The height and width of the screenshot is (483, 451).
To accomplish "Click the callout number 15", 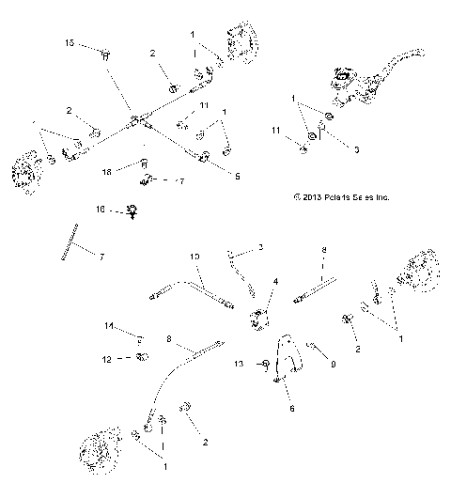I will click(x=70, y=43).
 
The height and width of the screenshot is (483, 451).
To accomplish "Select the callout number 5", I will click(x=237, y=176).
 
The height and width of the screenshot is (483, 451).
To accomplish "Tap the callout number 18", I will click(x=107, y=172).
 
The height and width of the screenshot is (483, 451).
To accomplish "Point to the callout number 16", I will click(x=100, y=210).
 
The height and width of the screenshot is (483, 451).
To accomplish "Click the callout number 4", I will click(x=275, y=281).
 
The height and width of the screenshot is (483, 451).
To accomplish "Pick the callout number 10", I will click(x=194, y=256).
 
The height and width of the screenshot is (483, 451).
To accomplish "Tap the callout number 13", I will click(x=238, y=363).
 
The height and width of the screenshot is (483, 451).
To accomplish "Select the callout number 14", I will click(x=109, y=326).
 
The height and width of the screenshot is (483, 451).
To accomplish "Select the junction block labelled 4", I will click(x=257, y=320).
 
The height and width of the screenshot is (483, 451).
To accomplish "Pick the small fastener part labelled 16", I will click(x=133, y=211).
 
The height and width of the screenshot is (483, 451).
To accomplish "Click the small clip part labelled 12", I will click(x=143, y=357).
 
